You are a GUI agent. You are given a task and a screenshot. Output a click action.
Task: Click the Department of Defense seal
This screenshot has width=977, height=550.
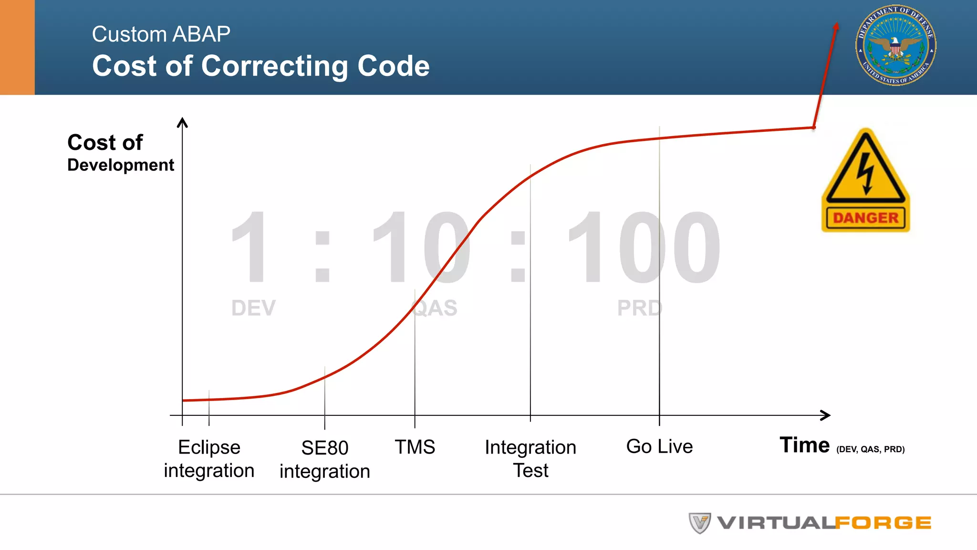tap(895, 46)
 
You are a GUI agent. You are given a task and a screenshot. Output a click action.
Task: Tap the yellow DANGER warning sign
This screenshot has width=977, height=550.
tap(865, 180)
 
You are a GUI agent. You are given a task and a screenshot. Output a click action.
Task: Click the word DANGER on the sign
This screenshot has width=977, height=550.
tap(865, 218)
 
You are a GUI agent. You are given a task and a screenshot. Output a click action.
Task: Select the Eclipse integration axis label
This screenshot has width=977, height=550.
tap(209, 459)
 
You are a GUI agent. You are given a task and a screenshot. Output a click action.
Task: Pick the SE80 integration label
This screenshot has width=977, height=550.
tap(324, 459)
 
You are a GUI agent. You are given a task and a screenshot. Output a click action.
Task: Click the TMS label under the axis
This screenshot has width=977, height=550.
tap(415, 447)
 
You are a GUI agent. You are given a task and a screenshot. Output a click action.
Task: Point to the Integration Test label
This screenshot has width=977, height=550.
tap(530, 459)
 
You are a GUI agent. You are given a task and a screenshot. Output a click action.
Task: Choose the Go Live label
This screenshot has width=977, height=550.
tap(659, 446)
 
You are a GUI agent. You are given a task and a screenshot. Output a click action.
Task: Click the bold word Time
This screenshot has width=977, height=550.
tap(804, 445)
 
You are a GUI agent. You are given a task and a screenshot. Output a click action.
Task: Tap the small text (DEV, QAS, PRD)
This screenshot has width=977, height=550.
tap(870, 449)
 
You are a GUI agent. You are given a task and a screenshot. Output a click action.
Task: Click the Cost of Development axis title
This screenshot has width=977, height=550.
tap(120, 153)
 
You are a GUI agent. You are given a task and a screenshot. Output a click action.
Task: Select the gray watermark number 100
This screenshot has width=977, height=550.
tap(644, 248)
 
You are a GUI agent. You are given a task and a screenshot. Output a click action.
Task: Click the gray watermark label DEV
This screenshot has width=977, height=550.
tap(253, 308)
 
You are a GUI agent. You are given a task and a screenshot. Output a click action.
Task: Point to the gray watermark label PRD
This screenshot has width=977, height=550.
tap(639, 308)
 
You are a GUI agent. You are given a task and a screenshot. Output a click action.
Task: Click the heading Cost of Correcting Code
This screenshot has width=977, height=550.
tap(260, 66)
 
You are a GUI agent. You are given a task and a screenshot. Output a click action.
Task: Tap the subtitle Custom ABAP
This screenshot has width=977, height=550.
tap(161, 34)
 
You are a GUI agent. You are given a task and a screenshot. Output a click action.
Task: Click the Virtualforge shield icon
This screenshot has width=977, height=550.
tap(699, 523)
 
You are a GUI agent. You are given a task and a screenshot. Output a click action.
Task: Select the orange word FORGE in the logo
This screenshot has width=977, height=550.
tap(883, 523)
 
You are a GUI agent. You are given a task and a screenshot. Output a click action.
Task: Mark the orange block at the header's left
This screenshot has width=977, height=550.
tap(17, 47)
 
